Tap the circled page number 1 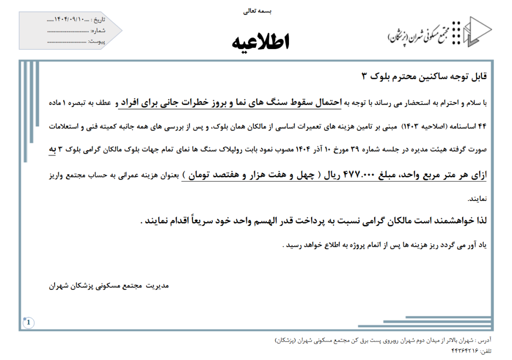pos(28,322)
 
